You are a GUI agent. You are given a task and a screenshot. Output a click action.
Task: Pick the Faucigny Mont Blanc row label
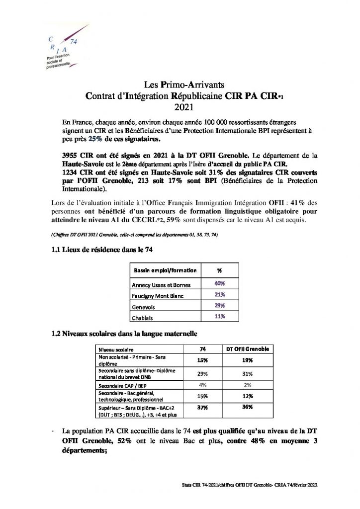click(x=157, y=296)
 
